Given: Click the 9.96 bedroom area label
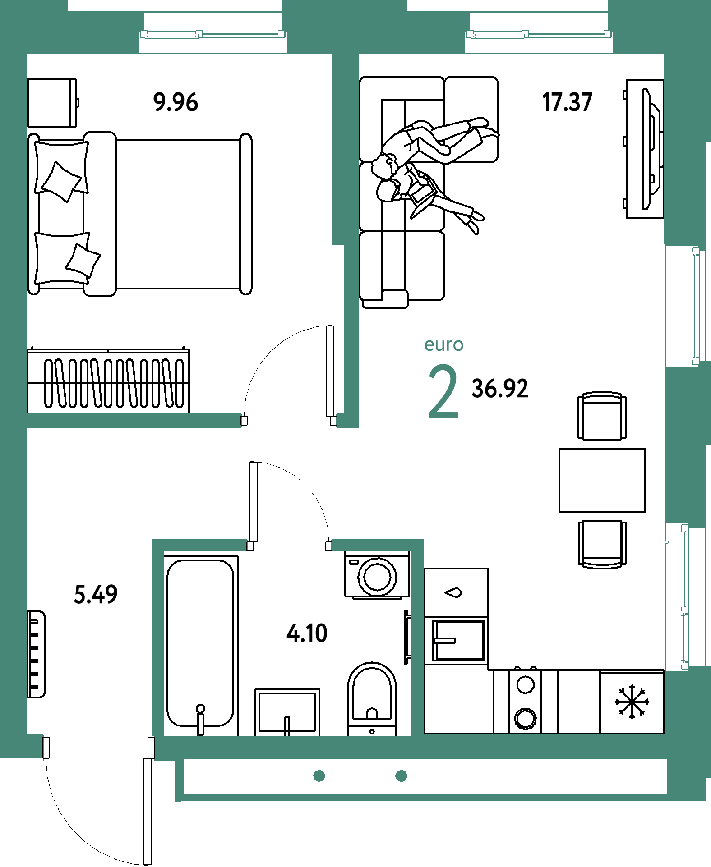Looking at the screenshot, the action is pos(175,102).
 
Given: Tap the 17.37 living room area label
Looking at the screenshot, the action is pos(567,102).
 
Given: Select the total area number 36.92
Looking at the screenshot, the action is pos(500,389).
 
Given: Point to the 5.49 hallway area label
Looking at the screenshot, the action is pos(96,594).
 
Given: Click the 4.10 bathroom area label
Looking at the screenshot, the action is pos(307,633).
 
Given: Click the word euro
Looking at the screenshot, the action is pos(444,345).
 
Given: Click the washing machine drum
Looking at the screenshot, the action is pos(377,577).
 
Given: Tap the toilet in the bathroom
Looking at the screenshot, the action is pos(372,699).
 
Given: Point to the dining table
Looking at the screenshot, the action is pos(602,480).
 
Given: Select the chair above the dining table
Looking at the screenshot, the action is pos(602,415).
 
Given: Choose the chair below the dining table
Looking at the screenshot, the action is pos(602,544).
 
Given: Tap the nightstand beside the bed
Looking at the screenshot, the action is pos(52,103).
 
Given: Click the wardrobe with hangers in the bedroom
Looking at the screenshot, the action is pos(108,380).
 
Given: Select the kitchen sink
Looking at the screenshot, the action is pos(458,640).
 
